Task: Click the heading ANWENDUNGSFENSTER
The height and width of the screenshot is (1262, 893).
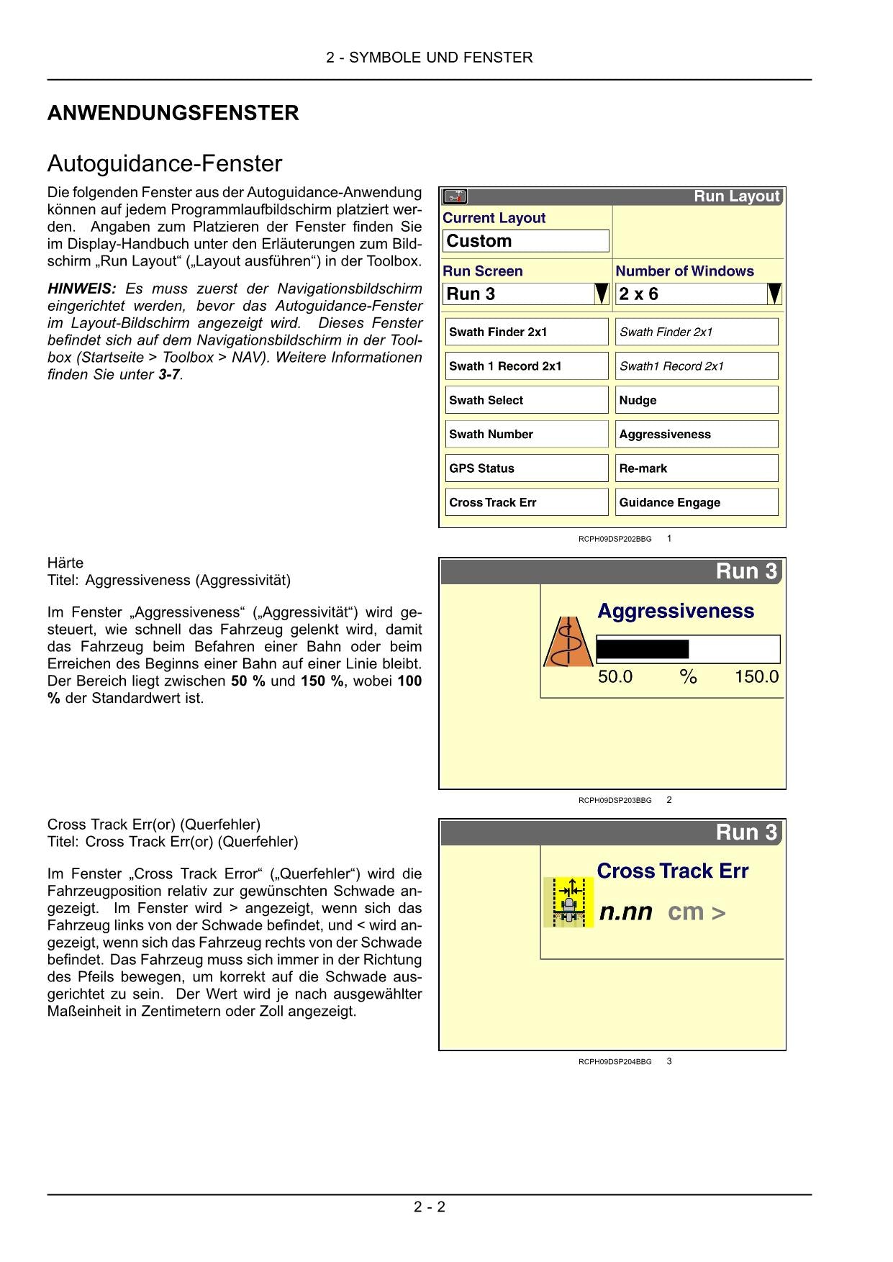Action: [173, 113]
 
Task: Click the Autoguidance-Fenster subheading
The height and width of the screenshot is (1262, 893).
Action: [165, 164]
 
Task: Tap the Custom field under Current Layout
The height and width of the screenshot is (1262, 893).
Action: [525, 241]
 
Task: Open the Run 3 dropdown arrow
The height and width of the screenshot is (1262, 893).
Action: [602, 294]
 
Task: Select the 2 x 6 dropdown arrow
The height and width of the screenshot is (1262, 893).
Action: [774, 294]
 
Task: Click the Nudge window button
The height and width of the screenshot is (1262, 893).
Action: [697, 400]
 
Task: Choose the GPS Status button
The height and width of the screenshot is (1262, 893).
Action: [527, 468]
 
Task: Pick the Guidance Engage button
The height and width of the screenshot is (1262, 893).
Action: [697, 502]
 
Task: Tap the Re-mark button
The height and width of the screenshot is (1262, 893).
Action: [697, 468]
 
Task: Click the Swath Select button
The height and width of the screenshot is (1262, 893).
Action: [527, 400]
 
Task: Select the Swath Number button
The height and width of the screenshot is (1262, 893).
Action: [527, 434]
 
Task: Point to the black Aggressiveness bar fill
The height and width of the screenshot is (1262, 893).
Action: [643, 649]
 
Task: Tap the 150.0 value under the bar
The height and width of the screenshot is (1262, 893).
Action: [756, 677]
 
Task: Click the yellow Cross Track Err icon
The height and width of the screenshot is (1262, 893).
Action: [568, 902]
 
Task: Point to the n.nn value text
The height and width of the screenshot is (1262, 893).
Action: [625, 912]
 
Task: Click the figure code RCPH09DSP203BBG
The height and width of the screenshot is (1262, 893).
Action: [615, 800]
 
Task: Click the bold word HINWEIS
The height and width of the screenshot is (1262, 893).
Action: [81, 289]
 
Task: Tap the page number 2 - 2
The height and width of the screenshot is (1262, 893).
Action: [430, 1207]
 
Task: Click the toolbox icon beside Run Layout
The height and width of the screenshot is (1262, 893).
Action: [455, 196]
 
